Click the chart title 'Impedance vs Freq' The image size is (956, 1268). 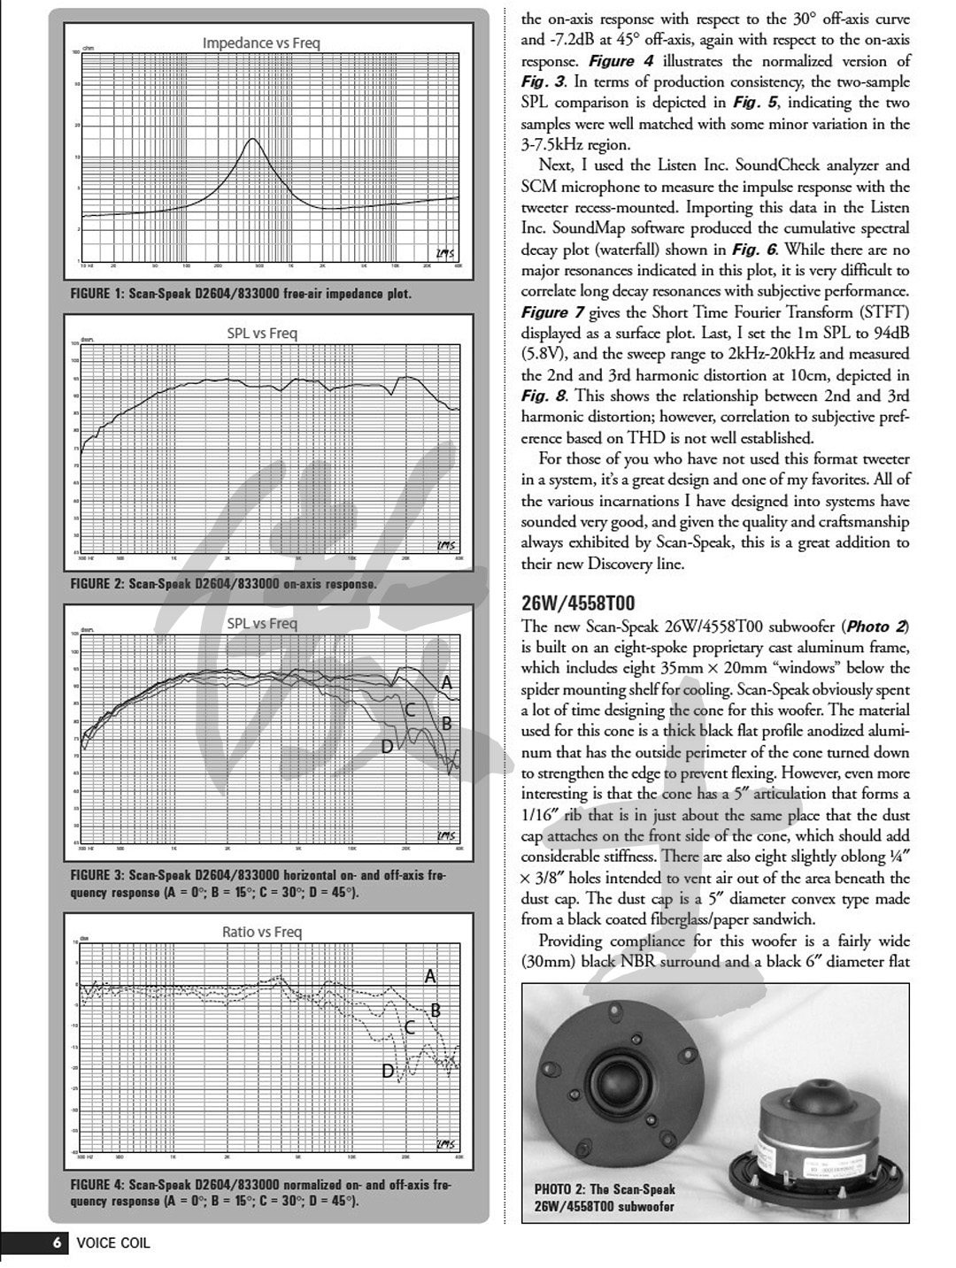[x=261, y=42]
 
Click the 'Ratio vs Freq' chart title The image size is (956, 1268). [x=261, y=932]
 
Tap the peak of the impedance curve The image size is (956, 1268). [x=253, y=139]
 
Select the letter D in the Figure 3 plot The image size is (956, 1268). [x=387, y=747]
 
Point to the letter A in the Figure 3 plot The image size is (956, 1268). [x=447, y=682]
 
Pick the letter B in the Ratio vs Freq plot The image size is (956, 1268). [x=436, y=1010]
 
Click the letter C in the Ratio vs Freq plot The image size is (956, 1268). [x=410, y=1027]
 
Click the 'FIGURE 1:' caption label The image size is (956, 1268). [x=97, y=294]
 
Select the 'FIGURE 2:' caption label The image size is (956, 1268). [x=97, y=584]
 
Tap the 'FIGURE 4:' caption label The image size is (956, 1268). [x=97, y=1184]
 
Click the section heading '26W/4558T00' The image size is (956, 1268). [x=578, y=603]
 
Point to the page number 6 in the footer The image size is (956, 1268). [x=56, y=1242]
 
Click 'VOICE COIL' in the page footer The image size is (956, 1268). [x=113, y=1242]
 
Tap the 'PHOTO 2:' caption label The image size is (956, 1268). [x=560, y=1189]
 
